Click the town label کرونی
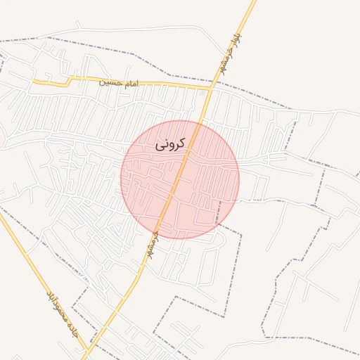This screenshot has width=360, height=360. click(170, 144)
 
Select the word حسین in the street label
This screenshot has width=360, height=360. click(110, 82)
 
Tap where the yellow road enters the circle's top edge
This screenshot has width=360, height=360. click(198, 122)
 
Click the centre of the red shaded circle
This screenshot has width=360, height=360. click(180, 179)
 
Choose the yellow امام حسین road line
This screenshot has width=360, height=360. click(162, 85)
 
